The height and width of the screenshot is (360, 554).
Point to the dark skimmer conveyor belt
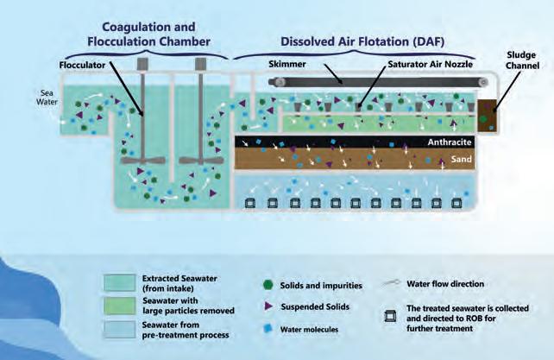click(x=371, y=82)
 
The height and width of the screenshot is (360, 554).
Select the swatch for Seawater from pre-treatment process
click(x=129, y=328)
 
